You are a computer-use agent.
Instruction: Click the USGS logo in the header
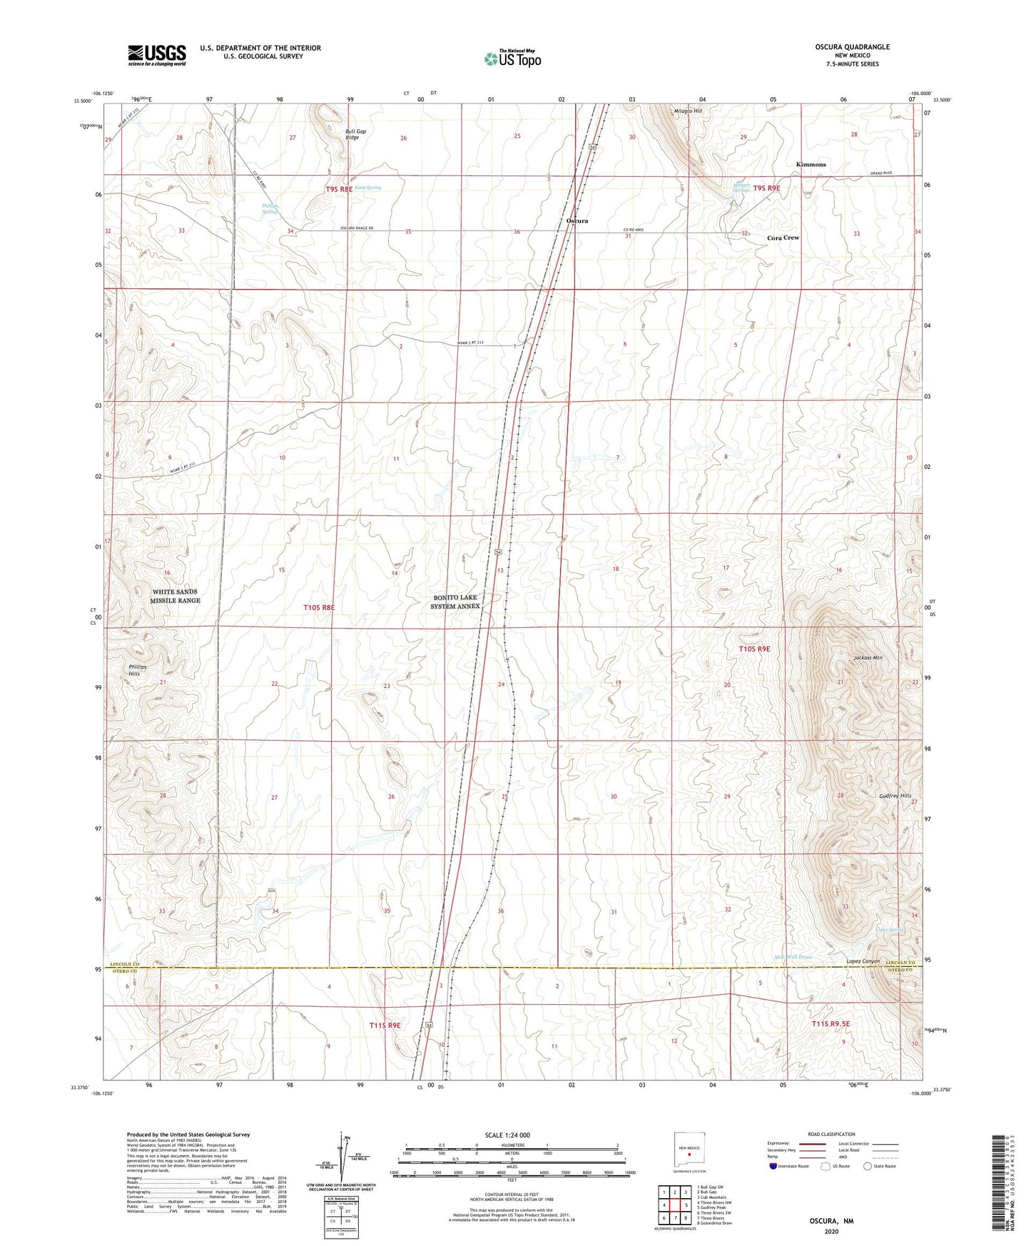click(157, 54)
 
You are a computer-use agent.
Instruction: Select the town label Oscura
click(577, 221)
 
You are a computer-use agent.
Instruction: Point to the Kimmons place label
click(811, 165)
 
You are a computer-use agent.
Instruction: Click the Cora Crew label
click(783, 238)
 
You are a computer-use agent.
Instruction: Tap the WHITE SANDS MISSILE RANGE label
click(175, 597)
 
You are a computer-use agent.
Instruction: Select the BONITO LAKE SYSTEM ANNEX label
click(454, 602)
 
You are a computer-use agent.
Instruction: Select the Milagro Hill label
click(688, 111)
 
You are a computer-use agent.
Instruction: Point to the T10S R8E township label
click(319, 607)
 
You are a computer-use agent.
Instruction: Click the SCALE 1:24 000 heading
click(507, 1135)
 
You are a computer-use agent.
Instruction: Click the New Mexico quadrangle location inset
click(689, 1150)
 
